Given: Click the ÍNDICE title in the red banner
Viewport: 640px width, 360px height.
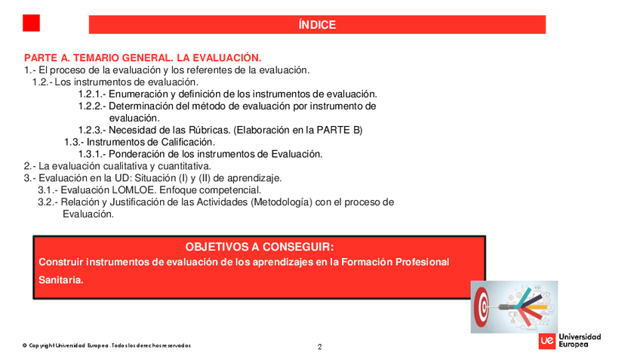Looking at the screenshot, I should coord(317,25).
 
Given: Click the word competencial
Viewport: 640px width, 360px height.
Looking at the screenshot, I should coord(226,190).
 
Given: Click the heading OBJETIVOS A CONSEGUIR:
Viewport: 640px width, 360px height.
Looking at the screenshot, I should coord(259,247).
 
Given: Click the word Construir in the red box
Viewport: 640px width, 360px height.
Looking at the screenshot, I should coord(61,262).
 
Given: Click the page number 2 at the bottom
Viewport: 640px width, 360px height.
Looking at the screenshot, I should coord(320,347).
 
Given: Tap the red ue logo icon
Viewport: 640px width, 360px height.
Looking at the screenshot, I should coord(548,341).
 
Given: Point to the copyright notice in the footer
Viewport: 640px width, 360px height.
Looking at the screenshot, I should coord(106,346).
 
